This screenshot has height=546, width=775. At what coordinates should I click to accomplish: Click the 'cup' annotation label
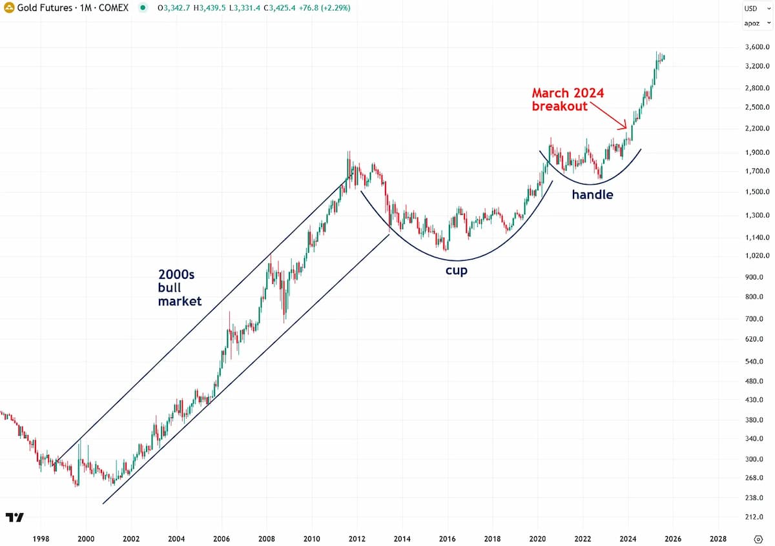[457, 270]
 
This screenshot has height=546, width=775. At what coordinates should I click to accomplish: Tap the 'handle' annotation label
[592, 194]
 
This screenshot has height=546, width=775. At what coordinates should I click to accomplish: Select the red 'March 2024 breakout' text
[568, 99]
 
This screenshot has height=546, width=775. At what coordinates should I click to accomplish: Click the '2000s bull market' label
[180, 288]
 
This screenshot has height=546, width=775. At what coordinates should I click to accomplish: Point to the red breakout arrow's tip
[626, 128]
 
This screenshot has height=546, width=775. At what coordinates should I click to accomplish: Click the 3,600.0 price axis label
[757, 47]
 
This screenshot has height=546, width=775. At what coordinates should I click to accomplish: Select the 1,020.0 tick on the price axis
[757, 256]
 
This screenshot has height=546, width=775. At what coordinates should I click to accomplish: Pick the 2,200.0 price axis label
[757, 128]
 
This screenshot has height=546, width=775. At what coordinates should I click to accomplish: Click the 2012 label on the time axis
[356, 538]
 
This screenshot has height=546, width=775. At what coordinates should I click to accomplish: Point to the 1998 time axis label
[41, 538]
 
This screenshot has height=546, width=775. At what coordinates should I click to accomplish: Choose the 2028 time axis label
[718, 538]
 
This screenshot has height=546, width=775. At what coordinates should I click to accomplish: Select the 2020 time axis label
[537, 538]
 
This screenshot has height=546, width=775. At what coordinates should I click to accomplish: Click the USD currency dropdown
[757, 8]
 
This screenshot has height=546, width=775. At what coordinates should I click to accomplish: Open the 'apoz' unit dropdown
[757, 23]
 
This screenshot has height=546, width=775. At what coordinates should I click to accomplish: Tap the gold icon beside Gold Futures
[9, 8]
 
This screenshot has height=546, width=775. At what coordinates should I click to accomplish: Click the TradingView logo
[14, 518]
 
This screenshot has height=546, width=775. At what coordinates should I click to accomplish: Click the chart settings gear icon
[758, 539]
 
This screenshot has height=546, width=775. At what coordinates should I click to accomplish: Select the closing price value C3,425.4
[280, 8]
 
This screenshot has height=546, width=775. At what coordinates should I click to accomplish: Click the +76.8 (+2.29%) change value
[324, 8]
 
